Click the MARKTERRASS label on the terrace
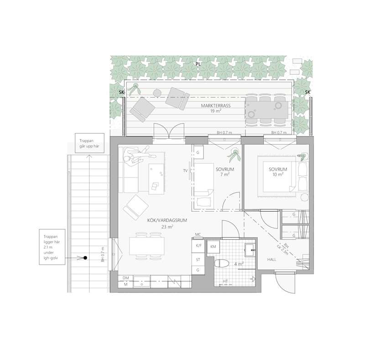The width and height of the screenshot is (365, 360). [215, 105]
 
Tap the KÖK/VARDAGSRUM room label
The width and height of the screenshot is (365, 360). [167, 220]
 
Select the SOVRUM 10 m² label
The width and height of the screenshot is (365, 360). [278, 172]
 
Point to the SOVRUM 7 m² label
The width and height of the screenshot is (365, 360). [224, 172]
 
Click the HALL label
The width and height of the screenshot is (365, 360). [271, 260]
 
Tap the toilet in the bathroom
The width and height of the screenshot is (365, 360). [222, 263]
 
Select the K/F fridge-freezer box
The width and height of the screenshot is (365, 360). [198, 246]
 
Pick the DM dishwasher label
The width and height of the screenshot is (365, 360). [126, 278]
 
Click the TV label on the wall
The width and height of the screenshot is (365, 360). [185, 171]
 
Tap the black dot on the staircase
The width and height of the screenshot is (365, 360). [85, 258]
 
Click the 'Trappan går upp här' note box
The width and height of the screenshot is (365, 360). [89, 143]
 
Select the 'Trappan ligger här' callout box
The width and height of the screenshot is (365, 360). [52, 247]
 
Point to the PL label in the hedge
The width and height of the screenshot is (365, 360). [198, 64]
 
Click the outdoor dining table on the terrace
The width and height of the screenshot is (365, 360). [266, 110]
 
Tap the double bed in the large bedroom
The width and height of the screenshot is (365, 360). [277, 177]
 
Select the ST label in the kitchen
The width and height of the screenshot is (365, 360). [198, 260]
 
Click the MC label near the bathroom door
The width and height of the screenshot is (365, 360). [198, 235]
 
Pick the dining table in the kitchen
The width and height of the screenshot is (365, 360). [147, 246]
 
